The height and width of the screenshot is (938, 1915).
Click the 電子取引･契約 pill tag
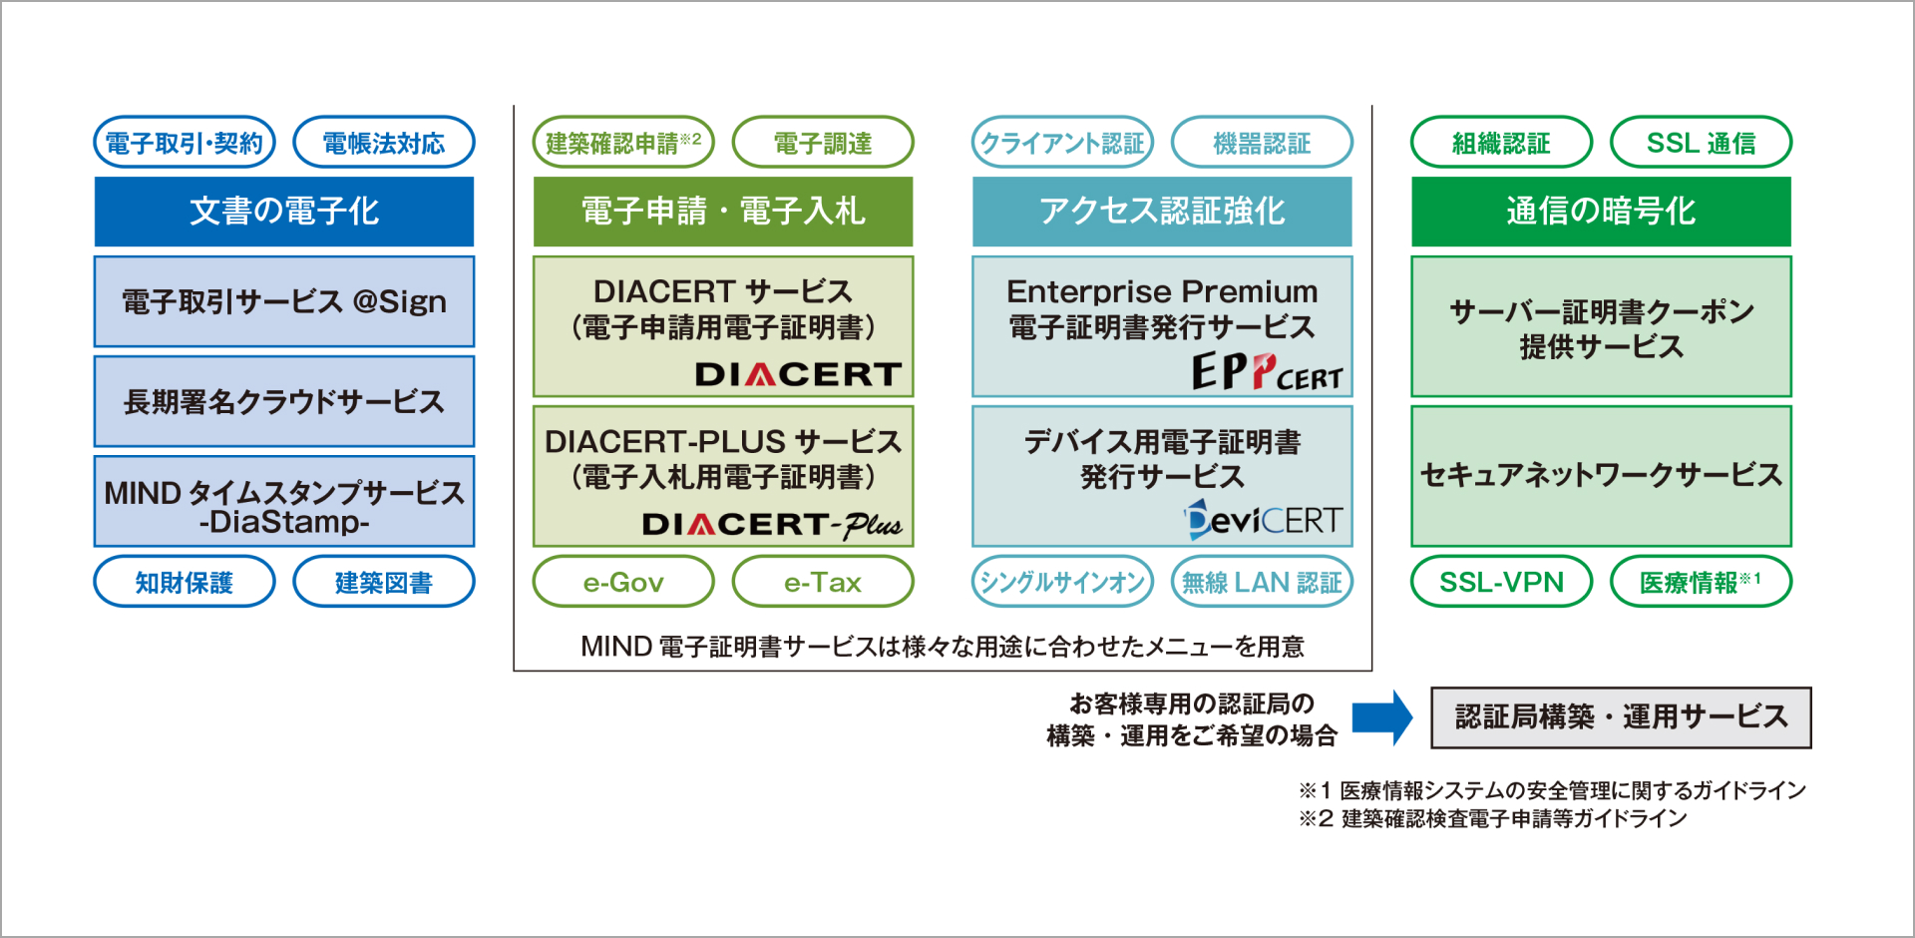coord(185,143)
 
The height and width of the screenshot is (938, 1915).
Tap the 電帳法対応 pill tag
coord(384,143)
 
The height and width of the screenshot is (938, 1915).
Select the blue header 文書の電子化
coord(284,212)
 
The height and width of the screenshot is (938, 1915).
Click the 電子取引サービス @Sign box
coord(284,301)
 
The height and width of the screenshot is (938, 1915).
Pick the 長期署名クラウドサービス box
coord(284,401)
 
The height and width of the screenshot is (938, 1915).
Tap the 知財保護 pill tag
coord(185,582)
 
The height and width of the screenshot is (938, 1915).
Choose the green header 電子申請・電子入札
coord(723,212)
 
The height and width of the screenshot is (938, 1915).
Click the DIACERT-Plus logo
coord(772,524)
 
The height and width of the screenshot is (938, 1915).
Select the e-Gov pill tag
coord(623,582)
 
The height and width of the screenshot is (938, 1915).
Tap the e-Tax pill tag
coord(823,582)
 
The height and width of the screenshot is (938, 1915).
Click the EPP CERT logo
coord(1267,373)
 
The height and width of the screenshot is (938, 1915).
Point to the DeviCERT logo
coord(1264,520)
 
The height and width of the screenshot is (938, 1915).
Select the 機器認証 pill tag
coord(1262,143)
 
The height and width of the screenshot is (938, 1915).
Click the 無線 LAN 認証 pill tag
coord(1262,582)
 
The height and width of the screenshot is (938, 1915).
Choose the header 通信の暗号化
coord(1601,212)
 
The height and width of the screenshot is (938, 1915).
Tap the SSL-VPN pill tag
coord(1501,582)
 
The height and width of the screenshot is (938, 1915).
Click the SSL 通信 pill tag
coord(1701,143)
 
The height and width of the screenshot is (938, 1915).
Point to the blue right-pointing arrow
coord(1382,717)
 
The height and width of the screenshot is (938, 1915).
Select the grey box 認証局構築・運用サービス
coord(1621,717)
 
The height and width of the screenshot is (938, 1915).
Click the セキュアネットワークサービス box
coord(1601,475)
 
